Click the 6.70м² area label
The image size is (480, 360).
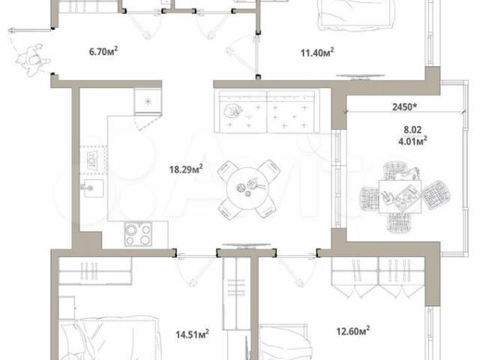tap(103, 51)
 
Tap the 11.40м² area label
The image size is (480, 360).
tap(316, 52)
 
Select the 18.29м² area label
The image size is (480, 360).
tap(186, 169)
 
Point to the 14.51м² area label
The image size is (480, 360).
tap(192, 334)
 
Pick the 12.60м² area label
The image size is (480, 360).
tap(352, 331)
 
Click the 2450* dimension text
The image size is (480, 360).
tap(405, 106)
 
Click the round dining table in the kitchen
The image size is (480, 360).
tap(248, 189)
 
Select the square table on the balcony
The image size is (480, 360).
tap(400, 196)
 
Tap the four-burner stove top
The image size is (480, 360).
tap(138, 234)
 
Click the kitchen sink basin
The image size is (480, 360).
tap(94, 188)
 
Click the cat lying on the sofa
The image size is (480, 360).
tap(232, 110)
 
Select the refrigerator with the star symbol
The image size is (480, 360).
tap(148, 101)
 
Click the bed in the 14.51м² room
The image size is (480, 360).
tap(109, 339)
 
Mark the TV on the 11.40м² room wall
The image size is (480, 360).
tap(360, 76)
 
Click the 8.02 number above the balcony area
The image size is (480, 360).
tap(412, 130)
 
